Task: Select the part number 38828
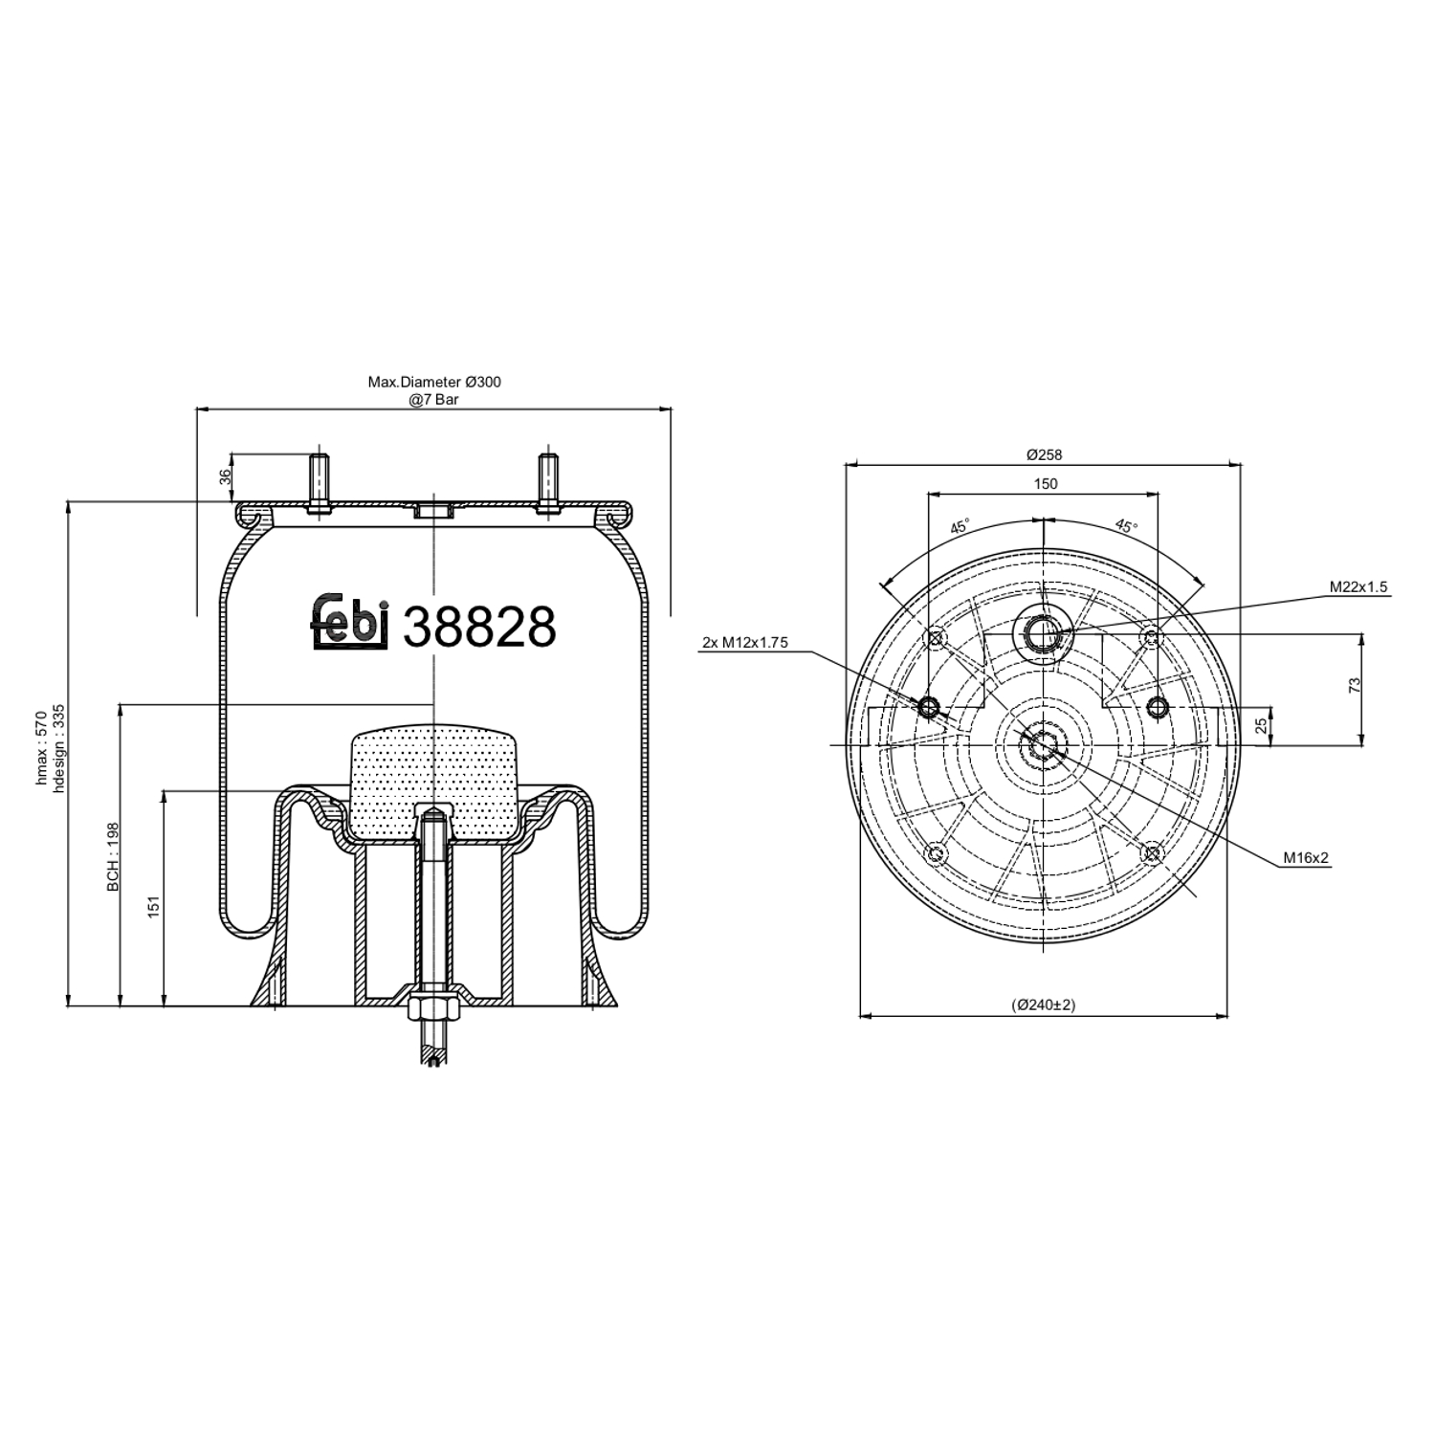[x=479, y=628]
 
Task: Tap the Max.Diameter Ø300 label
[x=434, y=382]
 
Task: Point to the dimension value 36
[x=226, y=475]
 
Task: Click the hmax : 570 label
[x=40, y=748]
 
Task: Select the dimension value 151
[x=154, y=906]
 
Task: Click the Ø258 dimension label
[x=1045, y=454]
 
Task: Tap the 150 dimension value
[x=1045, y=484]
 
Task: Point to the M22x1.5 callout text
[x=1358, y=587]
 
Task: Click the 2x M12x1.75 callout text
[x=744, y=643]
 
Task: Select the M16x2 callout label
[x=1306, y=858]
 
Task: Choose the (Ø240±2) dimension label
[x=1044, y=1004]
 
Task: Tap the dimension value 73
[x=1353, y=685]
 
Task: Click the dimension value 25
[x=1262, y=725]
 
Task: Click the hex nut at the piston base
[x=433, y=1010]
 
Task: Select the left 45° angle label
[x=960, y=527]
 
